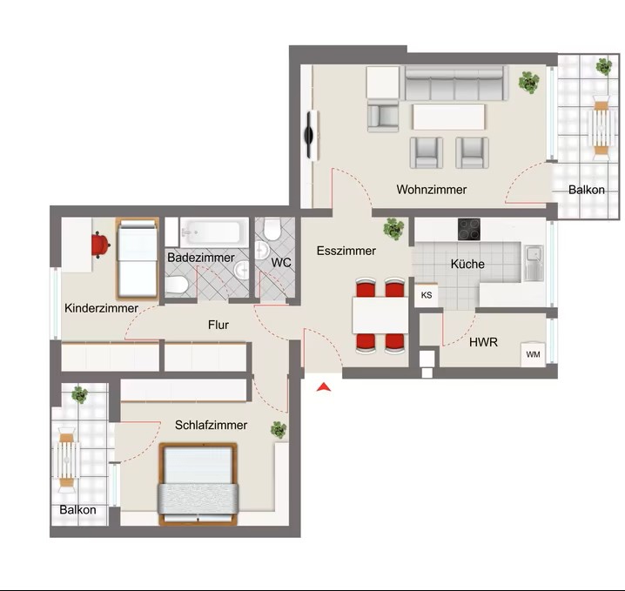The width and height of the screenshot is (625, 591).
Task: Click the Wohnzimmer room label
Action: click(x=431, y=189)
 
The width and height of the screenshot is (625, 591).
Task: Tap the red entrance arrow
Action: click(x=324, y=387)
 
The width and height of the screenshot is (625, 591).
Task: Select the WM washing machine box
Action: click(x=533, y=354)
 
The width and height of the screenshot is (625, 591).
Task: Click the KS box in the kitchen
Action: click(x=427, y=295)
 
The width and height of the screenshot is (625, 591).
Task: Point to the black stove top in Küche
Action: click(x=468, y=229)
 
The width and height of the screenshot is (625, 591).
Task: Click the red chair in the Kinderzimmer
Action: click(x=100, y=245)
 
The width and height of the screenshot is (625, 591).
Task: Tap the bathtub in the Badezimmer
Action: click(x=210, y=232)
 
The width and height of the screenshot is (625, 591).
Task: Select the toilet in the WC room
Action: click(x=272, y=229)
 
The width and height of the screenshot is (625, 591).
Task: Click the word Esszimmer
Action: click(x=346, y=251)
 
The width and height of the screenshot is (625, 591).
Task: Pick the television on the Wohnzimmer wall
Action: click(x=311, y=136)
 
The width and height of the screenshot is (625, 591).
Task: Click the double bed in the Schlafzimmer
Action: click(x=198, y=484)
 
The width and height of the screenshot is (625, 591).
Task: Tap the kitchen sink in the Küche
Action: click(x=534, y=263)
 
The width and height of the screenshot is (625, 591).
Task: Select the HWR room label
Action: click(x=483, y=342)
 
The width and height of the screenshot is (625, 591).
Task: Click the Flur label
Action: click(x=218, y=325)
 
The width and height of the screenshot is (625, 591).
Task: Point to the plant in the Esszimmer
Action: click(x=393, y=229)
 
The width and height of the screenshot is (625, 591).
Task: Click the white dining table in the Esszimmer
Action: click(x=380, y=315)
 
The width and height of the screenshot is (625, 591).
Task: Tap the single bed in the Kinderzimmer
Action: click(x=138, y=259)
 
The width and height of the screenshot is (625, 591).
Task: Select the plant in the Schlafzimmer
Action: click(x=279, y=430)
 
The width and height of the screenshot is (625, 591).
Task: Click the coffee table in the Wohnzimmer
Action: click(x=449, y=117)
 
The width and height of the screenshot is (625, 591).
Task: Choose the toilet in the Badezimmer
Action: click(x=177, y=285)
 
